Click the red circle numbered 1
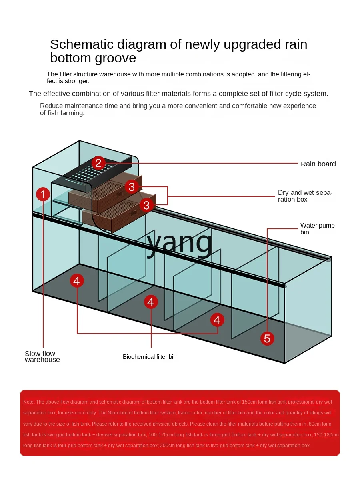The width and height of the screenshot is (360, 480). point(43,195)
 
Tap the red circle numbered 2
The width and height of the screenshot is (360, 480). point(98,163)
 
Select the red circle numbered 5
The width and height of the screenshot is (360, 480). point(267,339)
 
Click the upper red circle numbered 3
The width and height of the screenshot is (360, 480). point(132,186)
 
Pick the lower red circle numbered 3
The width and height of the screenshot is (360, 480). point(146,205)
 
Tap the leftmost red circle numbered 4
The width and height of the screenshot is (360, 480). point(76,281)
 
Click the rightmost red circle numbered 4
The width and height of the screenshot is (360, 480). point(217,320)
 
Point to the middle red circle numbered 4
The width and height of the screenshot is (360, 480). point(150,302)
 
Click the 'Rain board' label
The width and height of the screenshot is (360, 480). point(318,164)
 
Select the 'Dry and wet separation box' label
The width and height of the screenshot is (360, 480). point(305,196)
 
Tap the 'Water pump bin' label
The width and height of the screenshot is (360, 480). point(317,229)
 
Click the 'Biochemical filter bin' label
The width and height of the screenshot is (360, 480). point(150,357)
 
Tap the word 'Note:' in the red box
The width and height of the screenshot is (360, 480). point(29,402)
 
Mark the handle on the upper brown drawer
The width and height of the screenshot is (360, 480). point(119,195)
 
